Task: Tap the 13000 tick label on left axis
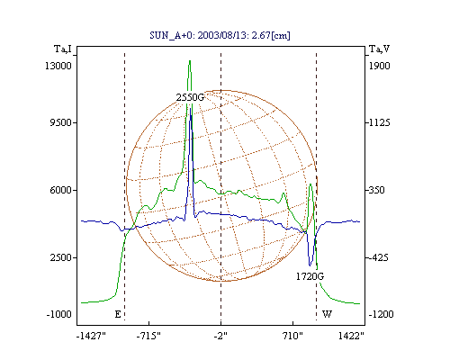(58, 66)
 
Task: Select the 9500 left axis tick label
(60, 122)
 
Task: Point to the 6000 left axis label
(60, 190)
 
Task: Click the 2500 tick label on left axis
(61, 257)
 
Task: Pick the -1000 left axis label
(58, 314)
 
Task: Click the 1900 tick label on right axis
(379, 66)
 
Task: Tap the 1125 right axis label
(379, 122)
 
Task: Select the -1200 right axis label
(381, 314)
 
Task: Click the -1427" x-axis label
(91, 336)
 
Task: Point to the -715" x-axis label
(148, 336)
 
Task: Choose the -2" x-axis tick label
(220, 336)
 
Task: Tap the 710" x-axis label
(292, 336)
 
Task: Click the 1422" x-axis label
(351, 336)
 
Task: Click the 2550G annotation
(190, 97)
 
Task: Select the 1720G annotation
(310, 276)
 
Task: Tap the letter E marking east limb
(118, 314)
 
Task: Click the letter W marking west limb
(327, 314)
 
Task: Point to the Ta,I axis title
(63, 49)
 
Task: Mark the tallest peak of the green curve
(190, 61)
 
